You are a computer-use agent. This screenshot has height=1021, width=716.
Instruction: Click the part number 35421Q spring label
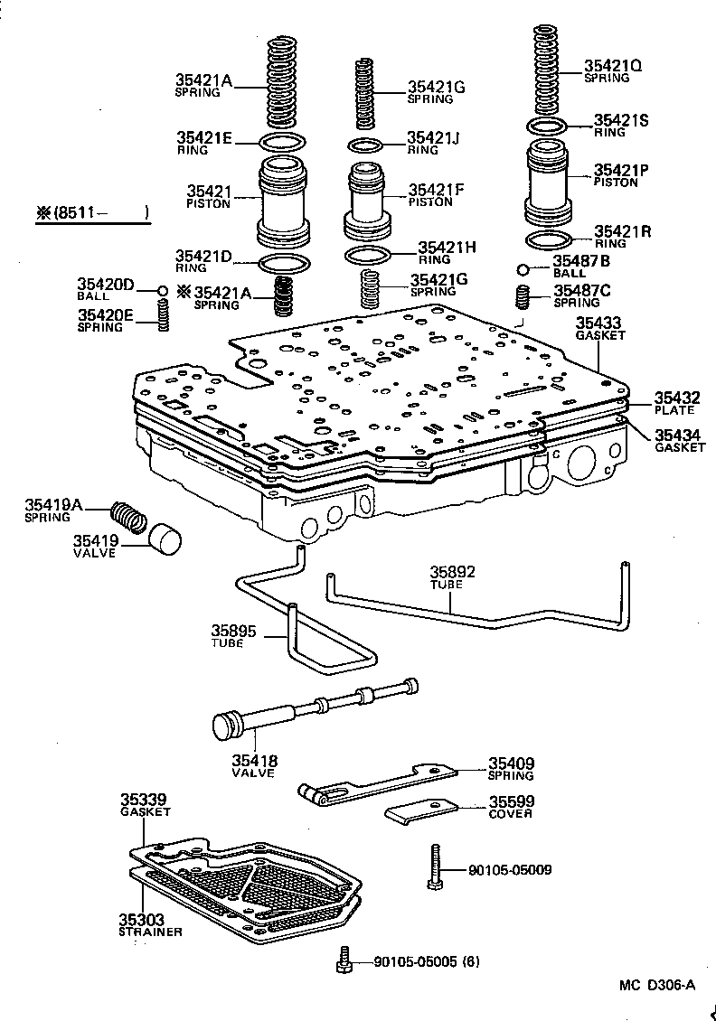[x=614, y=66]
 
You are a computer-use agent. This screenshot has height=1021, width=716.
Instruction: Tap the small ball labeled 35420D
[x=163, y=290]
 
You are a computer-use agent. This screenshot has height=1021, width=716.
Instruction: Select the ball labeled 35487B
[x=524, y=268]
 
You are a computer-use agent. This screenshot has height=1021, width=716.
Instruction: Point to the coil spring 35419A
[x=128, y=516]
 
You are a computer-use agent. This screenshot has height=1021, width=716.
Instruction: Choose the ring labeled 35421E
[x=281, y=142]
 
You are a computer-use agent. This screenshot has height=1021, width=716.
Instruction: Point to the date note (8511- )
[x=91, y=214]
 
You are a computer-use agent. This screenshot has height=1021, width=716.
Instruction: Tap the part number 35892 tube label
[x=452, y=572]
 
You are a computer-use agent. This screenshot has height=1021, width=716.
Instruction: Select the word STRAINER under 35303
[x=150, y=932]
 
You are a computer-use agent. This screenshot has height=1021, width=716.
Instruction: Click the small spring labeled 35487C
[x=523, y=295]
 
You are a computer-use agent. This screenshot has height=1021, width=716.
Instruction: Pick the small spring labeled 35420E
[x=164, y=314]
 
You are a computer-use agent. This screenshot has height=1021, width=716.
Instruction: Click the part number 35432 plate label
[x=677, y=397]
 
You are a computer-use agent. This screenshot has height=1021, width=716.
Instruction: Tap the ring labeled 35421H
[x=368, y=252]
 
